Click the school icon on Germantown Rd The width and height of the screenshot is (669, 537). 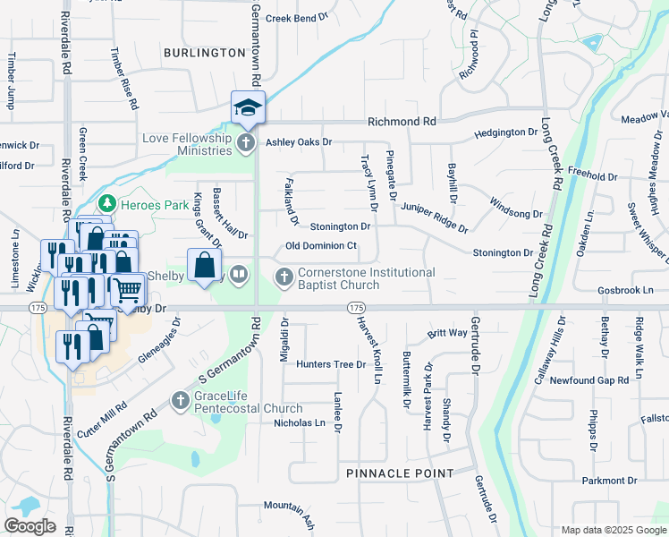tap(246, 107)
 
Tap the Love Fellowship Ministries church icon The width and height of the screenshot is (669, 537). tap(247, 142)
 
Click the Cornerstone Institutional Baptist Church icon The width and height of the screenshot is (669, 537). tap(284, 277)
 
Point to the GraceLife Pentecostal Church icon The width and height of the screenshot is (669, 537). tap(181, 400)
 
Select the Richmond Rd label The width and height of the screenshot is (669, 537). tap(402, 121)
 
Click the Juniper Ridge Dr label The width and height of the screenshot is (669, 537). tap(434, 217)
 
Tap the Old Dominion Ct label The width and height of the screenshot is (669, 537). tap(321, 245)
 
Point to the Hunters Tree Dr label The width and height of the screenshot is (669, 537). tap(331, 364)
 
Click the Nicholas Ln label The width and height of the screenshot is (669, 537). tap(299, 422)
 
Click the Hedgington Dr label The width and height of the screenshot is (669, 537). tap(505, 132)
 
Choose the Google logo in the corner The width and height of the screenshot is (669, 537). tap(30, 526)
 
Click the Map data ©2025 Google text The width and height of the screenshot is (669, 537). tap(613, 530)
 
